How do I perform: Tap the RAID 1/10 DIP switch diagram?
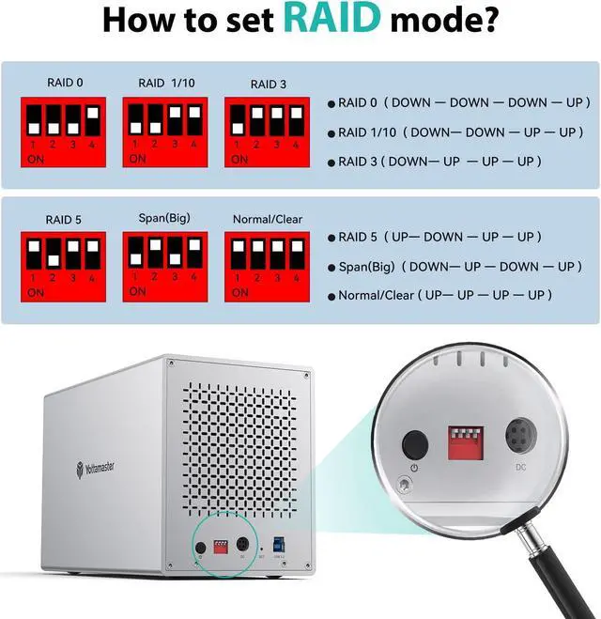point(165,130)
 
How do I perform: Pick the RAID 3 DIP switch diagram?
point(265,130)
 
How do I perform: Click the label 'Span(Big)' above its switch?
point(163,218)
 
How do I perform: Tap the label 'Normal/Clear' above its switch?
point(267,219)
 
